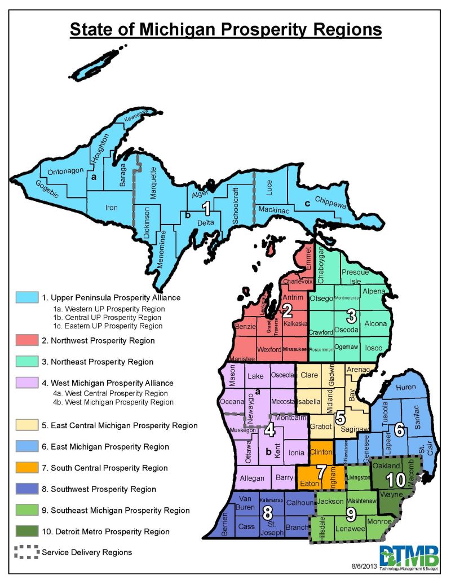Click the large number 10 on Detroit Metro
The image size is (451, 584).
[x=391, y=480]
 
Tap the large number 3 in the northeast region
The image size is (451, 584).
[x=351, y=315]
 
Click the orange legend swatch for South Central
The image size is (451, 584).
[x=27, y=468]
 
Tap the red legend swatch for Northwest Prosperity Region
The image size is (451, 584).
[x=27, y=340]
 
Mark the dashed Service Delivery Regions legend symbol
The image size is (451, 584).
[x=27, y=552]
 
